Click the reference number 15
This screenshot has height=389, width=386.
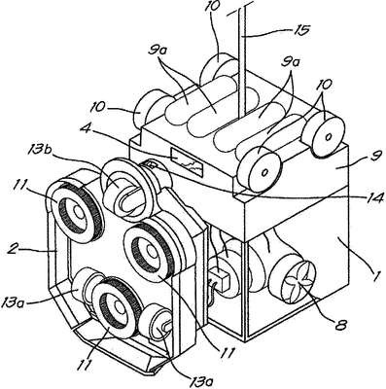(299, 30)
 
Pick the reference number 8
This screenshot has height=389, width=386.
(339, 324)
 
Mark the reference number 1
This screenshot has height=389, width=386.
(375, 277)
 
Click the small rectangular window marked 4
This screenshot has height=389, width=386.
(188, 160)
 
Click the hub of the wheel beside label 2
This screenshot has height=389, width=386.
(77, 212)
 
